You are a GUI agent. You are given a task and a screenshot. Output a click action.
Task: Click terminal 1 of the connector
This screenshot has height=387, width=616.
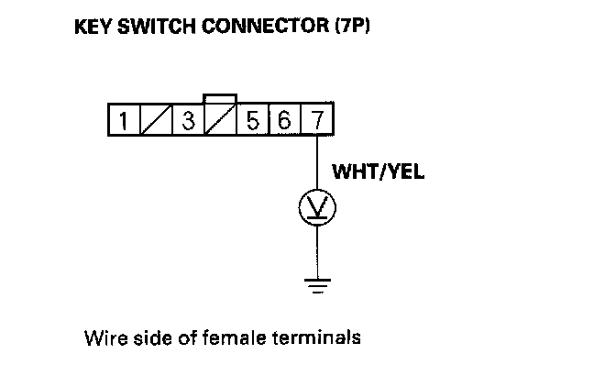point(122,120)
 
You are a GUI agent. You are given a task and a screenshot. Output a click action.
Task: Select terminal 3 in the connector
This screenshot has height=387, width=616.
point(188,120)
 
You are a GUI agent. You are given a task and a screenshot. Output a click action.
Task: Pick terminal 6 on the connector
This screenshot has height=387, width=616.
point(284,120)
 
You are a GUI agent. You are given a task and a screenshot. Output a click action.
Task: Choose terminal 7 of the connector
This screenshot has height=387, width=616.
point(316,120)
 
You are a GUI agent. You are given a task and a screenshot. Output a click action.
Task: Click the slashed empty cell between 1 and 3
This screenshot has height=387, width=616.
point(155,120)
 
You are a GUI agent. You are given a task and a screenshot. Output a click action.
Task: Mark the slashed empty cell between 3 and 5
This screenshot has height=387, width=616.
point(220,120)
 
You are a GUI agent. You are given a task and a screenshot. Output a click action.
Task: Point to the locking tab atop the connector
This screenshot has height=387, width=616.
point(220,99)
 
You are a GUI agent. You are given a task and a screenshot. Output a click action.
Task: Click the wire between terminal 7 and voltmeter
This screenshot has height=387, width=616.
point(317,163)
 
